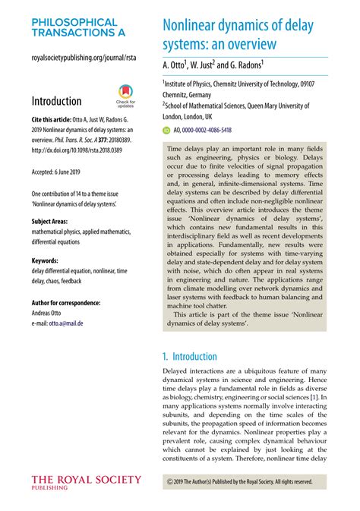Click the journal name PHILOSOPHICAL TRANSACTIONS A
click(74, 29)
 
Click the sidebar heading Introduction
click(56, 101)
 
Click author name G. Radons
click(243, 66)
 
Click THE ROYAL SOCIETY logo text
click(86, 479)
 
